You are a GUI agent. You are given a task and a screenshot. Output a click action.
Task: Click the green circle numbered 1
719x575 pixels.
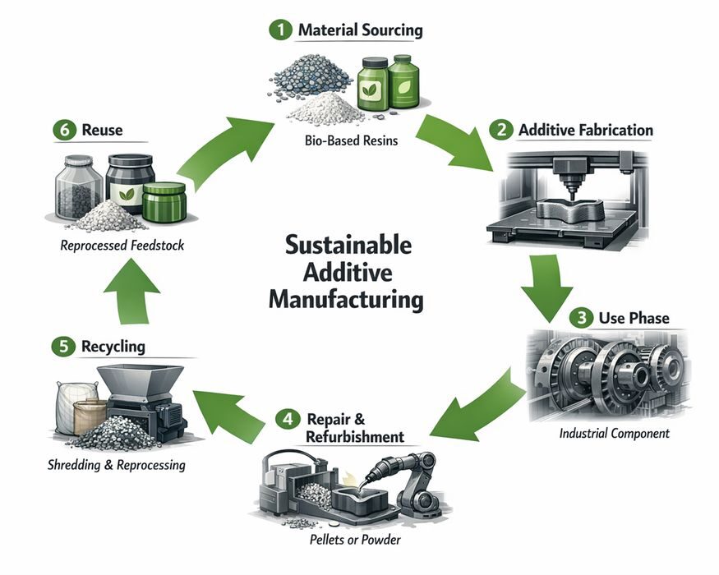[x=281, y=30]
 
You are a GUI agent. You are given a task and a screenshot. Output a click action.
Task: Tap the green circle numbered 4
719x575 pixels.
[x=285, y=419]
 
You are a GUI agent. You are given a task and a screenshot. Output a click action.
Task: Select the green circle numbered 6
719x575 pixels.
[x=62, y=129]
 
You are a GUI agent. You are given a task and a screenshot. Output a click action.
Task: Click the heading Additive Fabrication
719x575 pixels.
[x=585, y=130]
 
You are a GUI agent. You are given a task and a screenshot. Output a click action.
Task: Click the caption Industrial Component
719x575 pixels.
[x=614, y=433]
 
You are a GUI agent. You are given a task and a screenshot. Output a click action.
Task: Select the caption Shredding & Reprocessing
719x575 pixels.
[x=115, y=465]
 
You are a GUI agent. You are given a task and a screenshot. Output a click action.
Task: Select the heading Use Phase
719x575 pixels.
[x=634, y=318]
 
